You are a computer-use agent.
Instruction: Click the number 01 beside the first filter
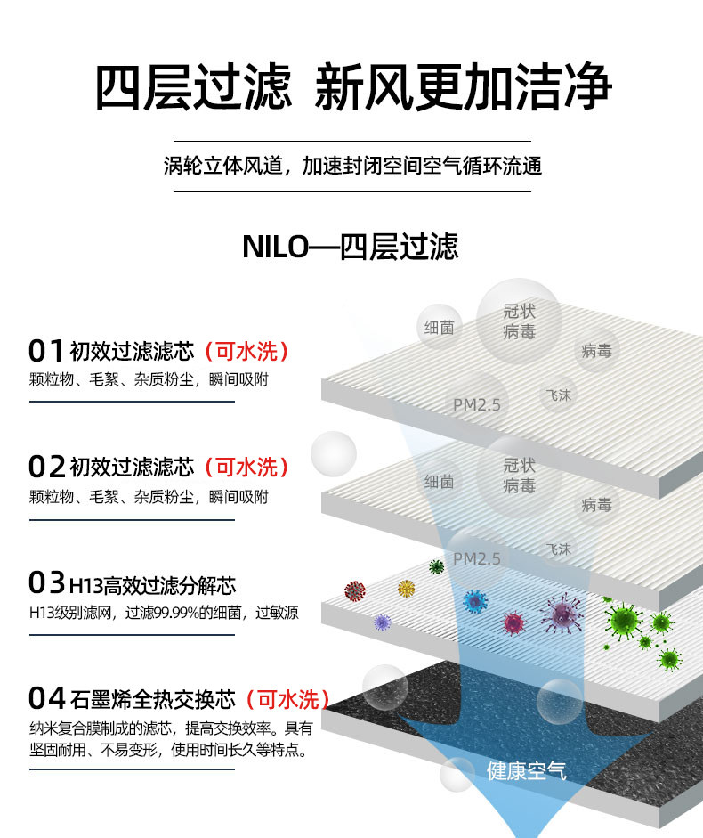[47, 350]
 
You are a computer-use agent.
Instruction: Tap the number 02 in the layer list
[47, 466]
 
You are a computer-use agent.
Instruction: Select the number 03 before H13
[47, 583]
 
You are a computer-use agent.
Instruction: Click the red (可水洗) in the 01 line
[246, 350]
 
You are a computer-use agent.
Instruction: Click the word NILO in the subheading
[274, 247]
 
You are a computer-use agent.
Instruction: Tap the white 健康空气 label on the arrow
[527, 771]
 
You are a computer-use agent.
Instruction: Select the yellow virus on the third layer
[407, 589]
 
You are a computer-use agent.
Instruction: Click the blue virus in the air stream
[475, 602]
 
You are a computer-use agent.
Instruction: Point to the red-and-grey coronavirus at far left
[355, 590]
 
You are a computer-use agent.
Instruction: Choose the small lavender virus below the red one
[383, 622]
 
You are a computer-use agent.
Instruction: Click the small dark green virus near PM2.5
[436, 566]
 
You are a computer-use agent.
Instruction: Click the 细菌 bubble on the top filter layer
[440, 328]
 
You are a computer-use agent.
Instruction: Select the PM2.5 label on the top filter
[477, 404]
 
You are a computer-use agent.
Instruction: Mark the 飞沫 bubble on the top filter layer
[558, 395]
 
